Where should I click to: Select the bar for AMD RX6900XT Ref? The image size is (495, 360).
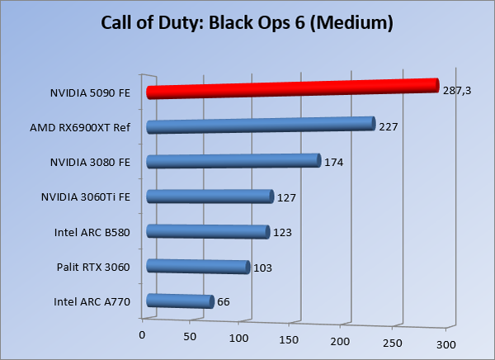pos(261,125)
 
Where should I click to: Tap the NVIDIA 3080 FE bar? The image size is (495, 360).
pos(233,161)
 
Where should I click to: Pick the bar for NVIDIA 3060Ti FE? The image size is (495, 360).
pos(210,197)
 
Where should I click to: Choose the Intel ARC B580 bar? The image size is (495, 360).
pos(208,232)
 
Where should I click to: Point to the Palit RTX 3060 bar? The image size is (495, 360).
pos(198,267)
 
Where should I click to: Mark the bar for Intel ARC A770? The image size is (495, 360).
pos(179,302)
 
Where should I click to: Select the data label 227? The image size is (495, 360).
pos(389,127)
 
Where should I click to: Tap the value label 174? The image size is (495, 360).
pos(333,162)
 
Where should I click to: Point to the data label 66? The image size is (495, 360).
pos(223,302)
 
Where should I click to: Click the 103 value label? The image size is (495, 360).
pos(262,268)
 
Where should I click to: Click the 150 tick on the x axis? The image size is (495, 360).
pos(289,339)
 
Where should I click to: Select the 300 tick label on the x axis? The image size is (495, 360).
pos(445,343)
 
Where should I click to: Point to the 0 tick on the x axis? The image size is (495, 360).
pos(142,334)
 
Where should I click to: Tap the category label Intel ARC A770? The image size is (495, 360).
pos(92,301)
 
